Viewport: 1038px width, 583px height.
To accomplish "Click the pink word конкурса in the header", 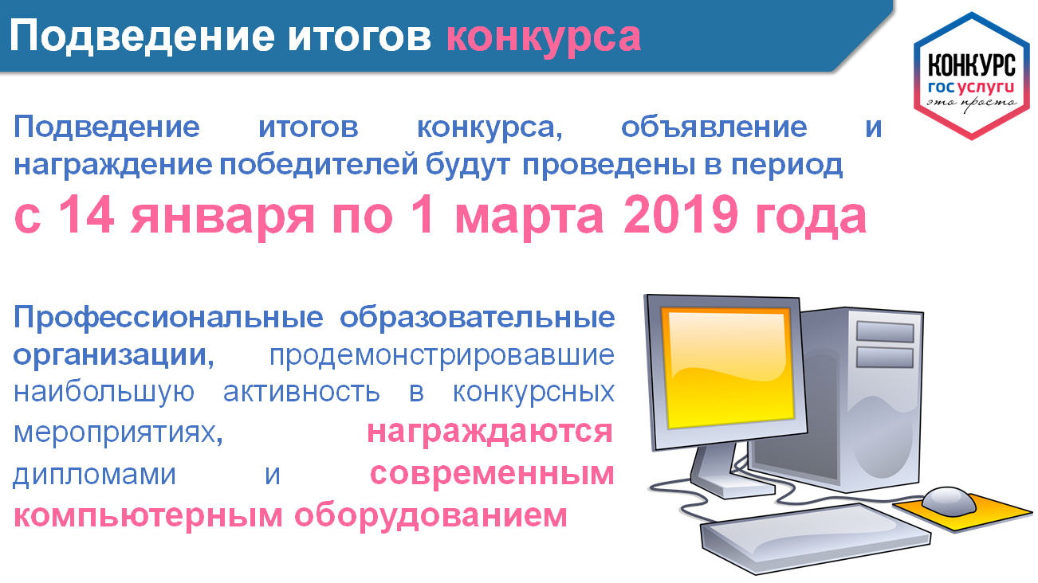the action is [x=544, y=38].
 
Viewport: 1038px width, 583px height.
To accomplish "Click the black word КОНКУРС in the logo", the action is [x=971, y=65].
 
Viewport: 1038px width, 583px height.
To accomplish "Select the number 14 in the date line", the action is [x=87, y=214].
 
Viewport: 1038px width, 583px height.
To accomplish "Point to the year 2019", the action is [x=681, y=214].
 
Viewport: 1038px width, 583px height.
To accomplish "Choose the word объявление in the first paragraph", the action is [x=714, y=127].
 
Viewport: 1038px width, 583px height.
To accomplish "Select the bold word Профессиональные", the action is [x=168, y=318].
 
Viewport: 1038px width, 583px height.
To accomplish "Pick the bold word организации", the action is [x=113, y=356].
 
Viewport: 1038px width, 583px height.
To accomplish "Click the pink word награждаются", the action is [x=490, y=432].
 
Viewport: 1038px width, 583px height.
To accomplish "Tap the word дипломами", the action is [x=94, y=475].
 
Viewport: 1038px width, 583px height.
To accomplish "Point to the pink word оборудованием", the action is [x=431, y=515].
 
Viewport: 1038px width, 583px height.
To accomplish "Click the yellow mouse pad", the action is [x=964, y=513].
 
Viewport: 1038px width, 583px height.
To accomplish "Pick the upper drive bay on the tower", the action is [x=885, y=331].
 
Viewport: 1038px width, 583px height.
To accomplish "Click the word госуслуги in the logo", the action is [x=971, y=88].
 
